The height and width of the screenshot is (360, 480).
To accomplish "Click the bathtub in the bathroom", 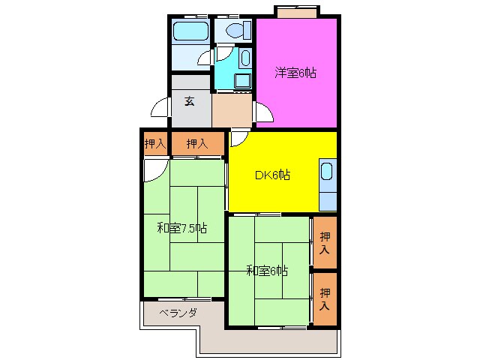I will pyautogui.click(x=190, y=31).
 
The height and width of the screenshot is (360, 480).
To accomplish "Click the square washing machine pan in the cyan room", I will pyautogui.click(x=243, y=80).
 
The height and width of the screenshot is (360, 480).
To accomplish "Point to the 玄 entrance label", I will pyautogui.click(x=190, y=101).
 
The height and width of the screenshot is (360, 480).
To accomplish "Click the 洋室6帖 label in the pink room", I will pyautogui.click(x=295, y=73).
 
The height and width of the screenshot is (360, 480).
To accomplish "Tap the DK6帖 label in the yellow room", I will pyautogui.click(x=272, y=175).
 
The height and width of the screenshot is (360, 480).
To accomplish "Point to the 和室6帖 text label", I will pyautogui.click(x=268, y=270).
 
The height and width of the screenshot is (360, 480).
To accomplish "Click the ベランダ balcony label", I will pyautogui.click(x=178, y=313).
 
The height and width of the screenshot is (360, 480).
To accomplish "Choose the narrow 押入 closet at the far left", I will pyautogui.click(x=155, y=142).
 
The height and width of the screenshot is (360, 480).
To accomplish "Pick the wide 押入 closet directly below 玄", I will pyautogui.click(x=196, y=142).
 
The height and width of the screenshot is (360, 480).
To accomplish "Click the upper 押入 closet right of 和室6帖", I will pyautogui.click(x=324, y=242).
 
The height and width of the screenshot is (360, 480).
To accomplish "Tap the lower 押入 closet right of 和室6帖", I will pyautogui.click(x=324, y=298).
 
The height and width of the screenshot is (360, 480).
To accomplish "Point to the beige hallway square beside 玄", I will pyautogui.click(x=232, y=109).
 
